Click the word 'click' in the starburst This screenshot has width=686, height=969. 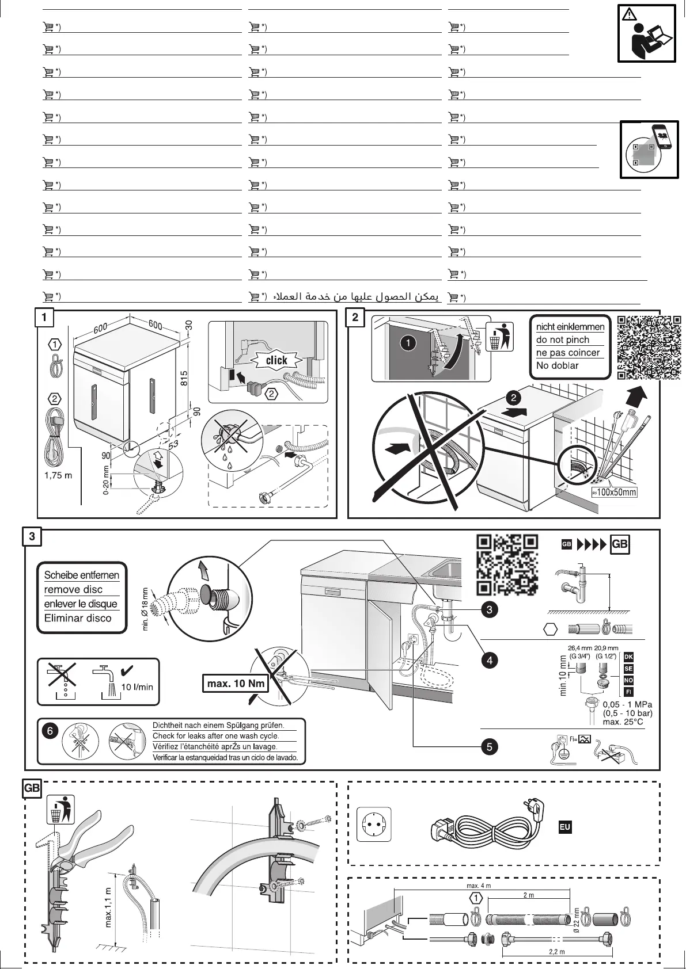[276, 360]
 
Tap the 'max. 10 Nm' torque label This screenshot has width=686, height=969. [236, 684]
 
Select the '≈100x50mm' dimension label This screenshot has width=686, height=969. [614, 492]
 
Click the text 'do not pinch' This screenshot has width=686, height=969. [562, 339]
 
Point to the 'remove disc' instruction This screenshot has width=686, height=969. [73, 589]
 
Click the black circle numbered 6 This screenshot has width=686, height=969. [50, 731]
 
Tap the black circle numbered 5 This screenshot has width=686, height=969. [489, 747]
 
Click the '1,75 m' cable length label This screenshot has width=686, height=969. [58, 476]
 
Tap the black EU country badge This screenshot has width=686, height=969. [564, 827]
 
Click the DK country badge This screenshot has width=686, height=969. [628, 657]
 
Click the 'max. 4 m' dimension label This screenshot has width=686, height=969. [478, 886]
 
